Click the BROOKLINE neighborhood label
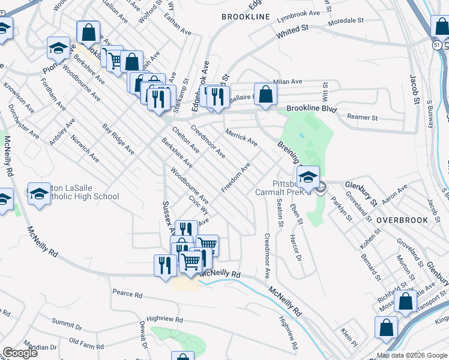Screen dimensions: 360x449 point(246,17)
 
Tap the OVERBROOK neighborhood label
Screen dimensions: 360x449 point(402,220)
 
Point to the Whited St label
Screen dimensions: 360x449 point(292,32)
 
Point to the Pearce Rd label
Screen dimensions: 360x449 point(127,295)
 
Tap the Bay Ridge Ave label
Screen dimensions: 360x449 point(118,139)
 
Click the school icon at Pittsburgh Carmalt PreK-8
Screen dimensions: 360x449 point(308,176)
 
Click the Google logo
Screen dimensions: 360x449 point(20,353)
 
